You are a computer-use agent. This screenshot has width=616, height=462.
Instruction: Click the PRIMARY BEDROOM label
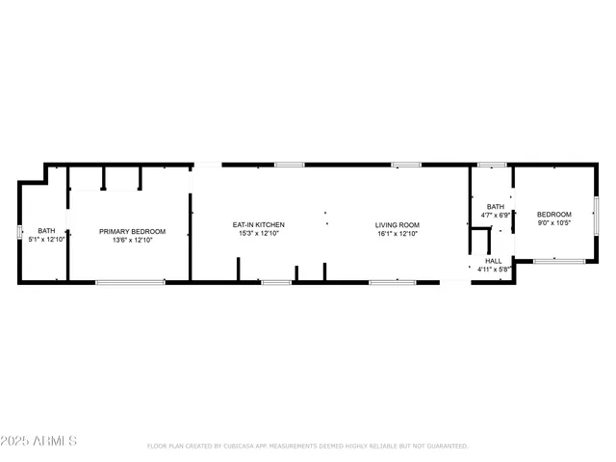click(133, 231)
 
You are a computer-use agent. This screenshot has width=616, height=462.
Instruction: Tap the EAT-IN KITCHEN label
click(258, 225)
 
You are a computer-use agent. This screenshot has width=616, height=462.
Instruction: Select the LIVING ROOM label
click(398, 225)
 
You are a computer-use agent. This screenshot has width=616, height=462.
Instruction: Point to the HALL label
click(494, 261)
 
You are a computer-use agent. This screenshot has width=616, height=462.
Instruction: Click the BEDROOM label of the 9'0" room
click(553, 214)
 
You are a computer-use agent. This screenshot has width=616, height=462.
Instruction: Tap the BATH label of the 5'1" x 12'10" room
click(46, 231)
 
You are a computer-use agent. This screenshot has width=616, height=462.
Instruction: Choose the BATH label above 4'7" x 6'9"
click(495, 207)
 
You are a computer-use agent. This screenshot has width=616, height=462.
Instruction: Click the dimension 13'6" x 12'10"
click(133, 240)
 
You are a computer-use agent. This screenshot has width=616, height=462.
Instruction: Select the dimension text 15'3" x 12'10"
click(258, 234)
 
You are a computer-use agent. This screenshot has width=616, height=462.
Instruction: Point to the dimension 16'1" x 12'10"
click(398, 234)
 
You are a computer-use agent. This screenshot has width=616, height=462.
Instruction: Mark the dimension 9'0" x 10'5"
click(553, 222)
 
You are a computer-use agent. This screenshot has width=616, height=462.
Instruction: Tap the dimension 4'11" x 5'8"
click(494, 269)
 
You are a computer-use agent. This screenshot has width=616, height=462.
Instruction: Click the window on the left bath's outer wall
click(18, 232)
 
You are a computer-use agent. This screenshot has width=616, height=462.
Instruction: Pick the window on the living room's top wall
click(405, 165)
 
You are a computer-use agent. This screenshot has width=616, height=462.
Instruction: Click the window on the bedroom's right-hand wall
click(596, 214)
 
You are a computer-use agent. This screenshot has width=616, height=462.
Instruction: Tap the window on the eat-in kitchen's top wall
click(289, 165)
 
